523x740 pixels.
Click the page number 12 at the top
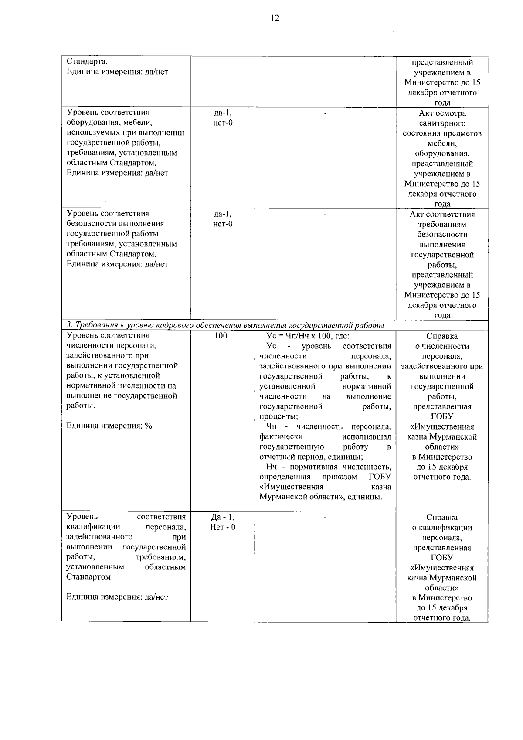(x=274, y=18)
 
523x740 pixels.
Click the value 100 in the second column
(x=221, y=336)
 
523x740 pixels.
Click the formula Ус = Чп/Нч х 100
(x=308, y=336)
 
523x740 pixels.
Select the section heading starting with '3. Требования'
(x=225, y=325)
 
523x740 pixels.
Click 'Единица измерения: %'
(x=109, y=426)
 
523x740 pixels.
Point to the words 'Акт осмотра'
(x=442, y=113)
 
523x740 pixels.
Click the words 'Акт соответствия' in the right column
(x=442, y=215)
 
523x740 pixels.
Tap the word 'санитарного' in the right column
(x=442, y=123)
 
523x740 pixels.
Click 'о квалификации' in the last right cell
(x=442, y=528)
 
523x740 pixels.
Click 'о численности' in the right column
(x=442, y=346)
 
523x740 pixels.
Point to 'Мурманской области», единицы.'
(x=320, y=497)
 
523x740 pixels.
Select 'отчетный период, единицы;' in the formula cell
(x=311, y=457)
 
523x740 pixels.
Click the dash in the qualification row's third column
(x=325, y=518)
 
